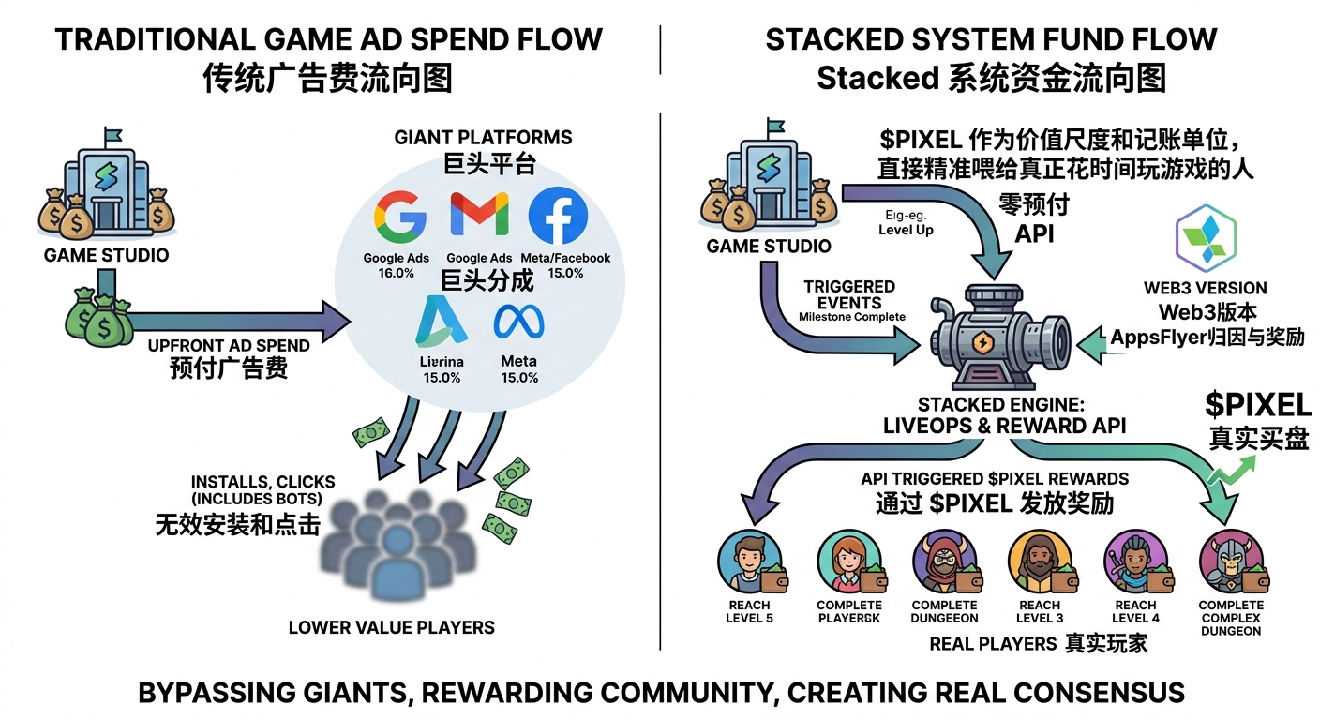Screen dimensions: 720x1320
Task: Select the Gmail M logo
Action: point(479,216)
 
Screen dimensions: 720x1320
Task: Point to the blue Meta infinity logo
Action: point(518,322)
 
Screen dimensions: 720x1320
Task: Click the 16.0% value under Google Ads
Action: point(396,273)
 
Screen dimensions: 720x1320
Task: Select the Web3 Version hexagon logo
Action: point(1205,239)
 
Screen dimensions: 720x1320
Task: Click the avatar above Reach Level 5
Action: point(749,562)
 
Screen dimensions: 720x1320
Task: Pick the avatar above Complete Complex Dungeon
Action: point(1230,562)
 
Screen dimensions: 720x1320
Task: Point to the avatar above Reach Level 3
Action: point(1039,562)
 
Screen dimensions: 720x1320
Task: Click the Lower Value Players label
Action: point(391,627)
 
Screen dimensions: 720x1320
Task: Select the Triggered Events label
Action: point(849,294)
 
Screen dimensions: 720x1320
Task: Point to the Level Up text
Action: point(906,230)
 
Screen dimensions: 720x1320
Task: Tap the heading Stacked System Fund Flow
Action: point(991,39)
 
